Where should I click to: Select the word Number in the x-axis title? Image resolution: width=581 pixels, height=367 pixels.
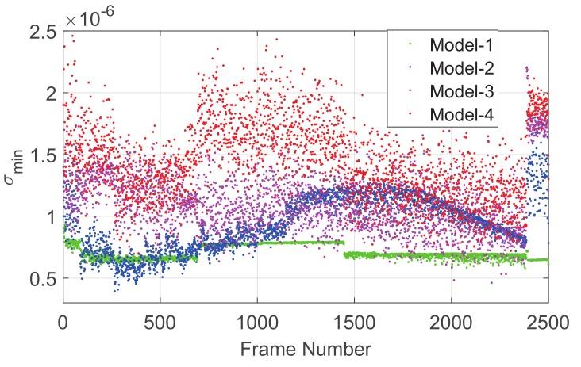click(337, 347)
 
